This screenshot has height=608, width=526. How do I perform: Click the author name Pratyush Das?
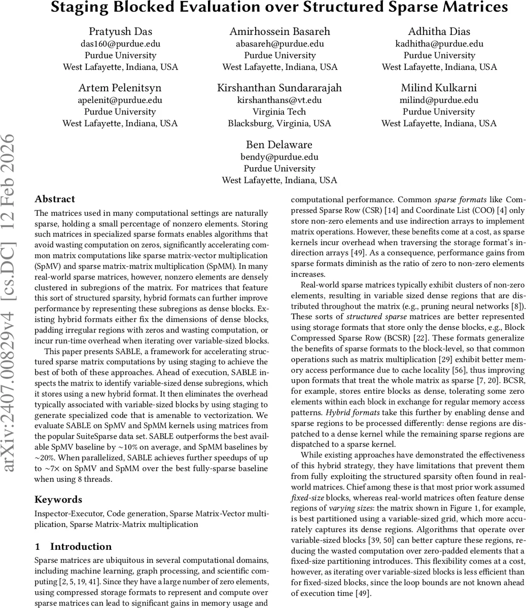pos(120,31)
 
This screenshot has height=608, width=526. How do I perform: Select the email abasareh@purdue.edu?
pos(279,44)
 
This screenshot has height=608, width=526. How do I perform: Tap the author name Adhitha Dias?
pos(439,31)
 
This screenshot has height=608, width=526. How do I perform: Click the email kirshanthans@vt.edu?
pos(279,100)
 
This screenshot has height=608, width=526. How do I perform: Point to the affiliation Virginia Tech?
pos(279,111)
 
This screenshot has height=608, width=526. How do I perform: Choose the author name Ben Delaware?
pos(279,145)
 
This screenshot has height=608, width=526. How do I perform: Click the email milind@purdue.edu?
pos(439,100)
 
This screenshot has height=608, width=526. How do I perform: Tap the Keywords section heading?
pos(58,500)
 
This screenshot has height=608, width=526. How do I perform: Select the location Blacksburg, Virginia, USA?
pos(279,123)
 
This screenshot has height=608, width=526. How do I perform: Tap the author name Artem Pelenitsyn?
pos(120,88)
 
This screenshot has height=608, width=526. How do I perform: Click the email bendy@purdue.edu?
pos(279,157)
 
